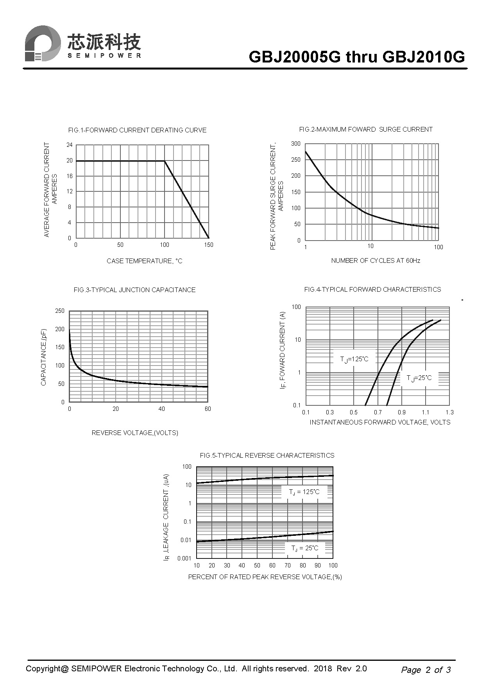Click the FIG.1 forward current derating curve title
(x=137, y=130)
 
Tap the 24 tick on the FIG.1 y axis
(x=70, y=145)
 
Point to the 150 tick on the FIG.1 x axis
(x=209, y=245)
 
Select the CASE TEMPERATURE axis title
(x=145, y=261)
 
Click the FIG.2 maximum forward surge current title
(x=366, y=129)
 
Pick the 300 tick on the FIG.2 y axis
(x=296, y=144)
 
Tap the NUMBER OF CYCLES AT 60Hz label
(x=376, y=260)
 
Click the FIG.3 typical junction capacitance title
(x=134, y=290)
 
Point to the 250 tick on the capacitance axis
(x=60, y=311)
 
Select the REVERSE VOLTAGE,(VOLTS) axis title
(x=135, y=433)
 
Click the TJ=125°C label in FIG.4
(x=354, y=359)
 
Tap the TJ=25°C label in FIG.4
(x=419, y=378)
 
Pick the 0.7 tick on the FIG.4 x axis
(x=378, y=412)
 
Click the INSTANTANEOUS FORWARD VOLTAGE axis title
(x=380, y=422)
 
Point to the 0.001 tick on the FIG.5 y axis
(x=184, y=558)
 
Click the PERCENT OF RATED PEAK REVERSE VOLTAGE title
(x=265, y=577)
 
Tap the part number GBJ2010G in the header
(x=424, y=57)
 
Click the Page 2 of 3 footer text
(x=426, y=670)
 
